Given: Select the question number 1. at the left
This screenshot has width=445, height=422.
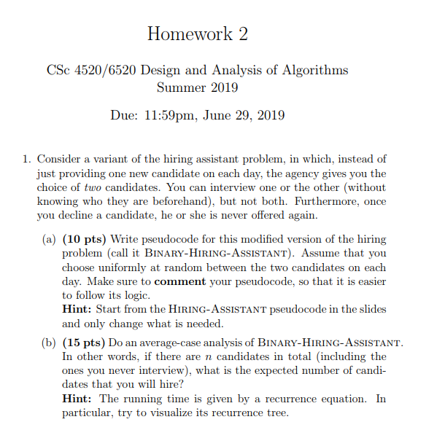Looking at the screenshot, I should tap(26, 158).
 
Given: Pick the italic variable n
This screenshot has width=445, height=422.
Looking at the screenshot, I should tap(217, 356).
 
